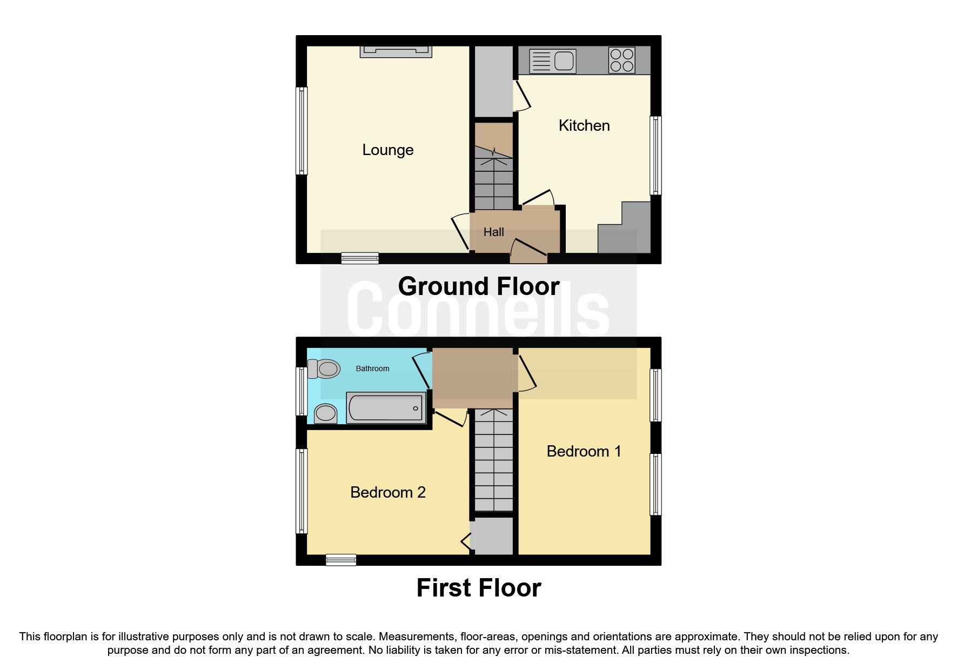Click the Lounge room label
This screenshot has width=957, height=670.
click(387, 150)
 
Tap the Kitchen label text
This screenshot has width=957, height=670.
click(584, 125)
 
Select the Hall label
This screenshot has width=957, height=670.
click(493, 232)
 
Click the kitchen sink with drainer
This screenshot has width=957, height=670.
click(552, 61)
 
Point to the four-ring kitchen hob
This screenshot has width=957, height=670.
click(621, 60)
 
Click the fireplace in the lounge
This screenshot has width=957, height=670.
click(396, 51)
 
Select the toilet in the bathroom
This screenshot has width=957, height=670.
click(324, 369)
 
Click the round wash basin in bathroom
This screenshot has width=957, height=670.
click(325, 414)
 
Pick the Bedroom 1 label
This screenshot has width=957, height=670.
click(584, 451)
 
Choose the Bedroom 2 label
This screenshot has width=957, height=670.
click(387, 492)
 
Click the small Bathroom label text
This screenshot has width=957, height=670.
click(372, 368)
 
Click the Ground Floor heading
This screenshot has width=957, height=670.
click(478, 286)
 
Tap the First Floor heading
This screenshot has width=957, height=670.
click(478, 588)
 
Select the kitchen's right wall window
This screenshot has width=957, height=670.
click(655, 155)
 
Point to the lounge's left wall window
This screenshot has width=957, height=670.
click(302, 131)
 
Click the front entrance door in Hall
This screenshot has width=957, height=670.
click(528, 249)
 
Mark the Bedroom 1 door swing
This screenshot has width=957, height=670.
click(527, 373)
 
